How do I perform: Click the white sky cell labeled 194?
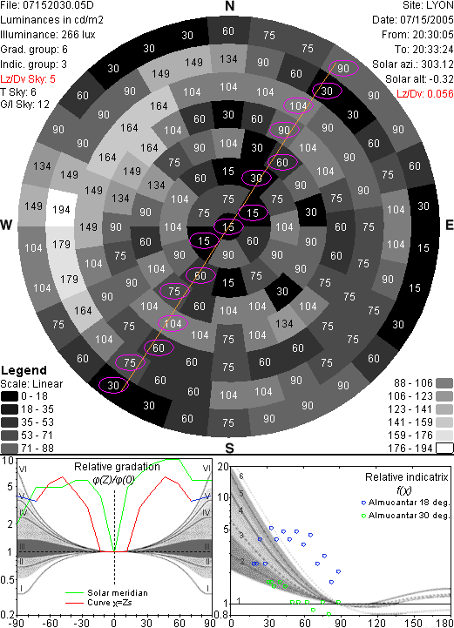pyautogui.click(x=61, y=209)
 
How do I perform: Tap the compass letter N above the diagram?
pyautogui.click(x=229, y=6)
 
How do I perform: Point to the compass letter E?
pyautogui.click(x=449, y=225)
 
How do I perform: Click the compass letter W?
pyautogui.click(x=6, y=225)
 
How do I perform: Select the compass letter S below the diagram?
pyautogui.click(x=229, y=449)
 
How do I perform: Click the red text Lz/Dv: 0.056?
pyautogui.click(x=424, y=94)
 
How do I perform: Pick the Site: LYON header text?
pyautogui.click(x=428, y=5)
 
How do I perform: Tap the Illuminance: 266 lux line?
pyautogui.click(x=48, y=35)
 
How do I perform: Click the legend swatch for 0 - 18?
pyautogui.click(x=10, y=396)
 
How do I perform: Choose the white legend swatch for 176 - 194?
pyautogui.click(x=444, y=449)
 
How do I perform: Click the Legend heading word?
pyautogui.click(x=24, y=370)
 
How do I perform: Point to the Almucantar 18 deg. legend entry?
pyautogui.click(x=409, y=503)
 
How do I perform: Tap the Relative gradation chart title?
pyautogui.click(x=117, y=467)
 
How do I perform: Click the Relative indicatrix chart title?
pyautogui.click(x=407, y=477)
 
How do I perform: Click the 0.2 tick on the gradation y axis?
pyautogui.click(x=7, y=615)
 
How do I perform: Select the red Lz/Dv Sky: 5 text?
pyautogui.click(x=28, y=79)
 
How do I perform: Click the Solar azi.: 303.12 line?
pyautogui.click(x=413, y=64)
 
